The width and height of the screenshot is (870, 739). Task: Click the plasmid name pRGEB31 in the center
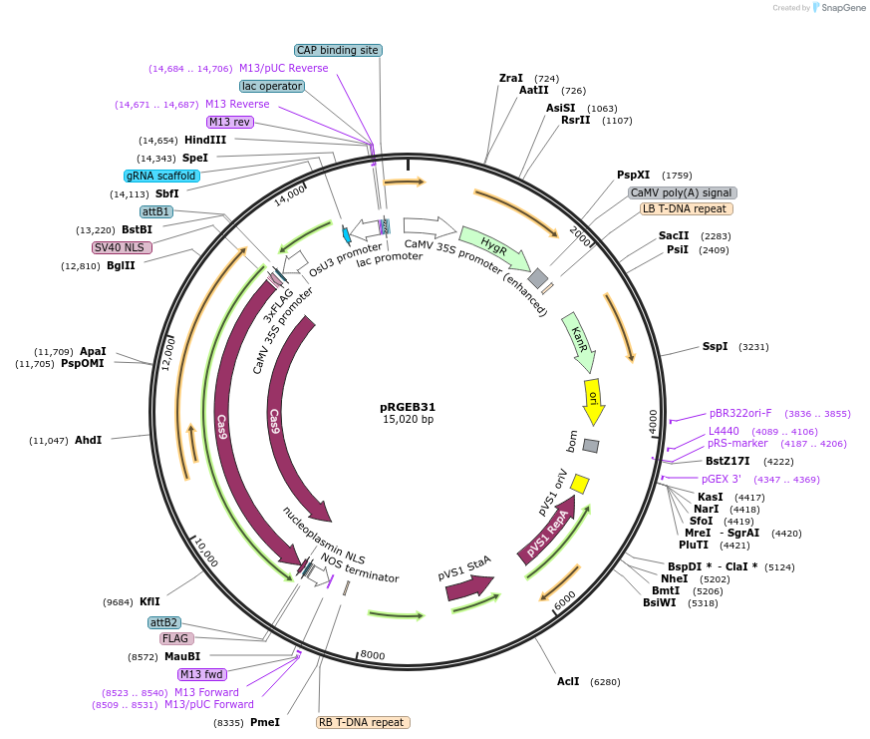coord(408,407)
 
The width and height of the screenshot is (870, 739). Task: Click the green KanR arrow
coord(576,334)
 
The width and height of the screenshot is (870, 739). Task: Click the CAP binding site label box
coord(339,50)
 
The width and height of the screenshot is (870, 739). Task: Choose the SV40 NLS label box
coord(122,247)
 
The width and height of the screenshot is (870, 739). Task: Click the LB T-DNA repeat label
coord(687,209)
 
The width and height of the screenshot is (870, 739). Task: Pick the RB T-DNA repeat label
coord(363,722)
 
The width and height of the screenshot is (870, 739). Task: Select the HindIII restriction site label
coord(205,141)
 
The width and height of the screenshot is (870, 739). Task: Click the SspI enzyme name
coord(716,347)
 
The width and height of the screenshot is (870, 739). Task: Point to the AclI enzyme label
coord(568,682)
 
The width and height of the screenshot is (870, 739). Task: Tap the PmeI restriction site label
coord(265,722)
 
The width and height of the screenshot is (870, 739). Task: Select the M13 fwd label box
coord(202,674)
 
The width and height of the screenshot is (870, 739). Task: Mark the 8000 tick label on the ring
coord(373,655)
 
